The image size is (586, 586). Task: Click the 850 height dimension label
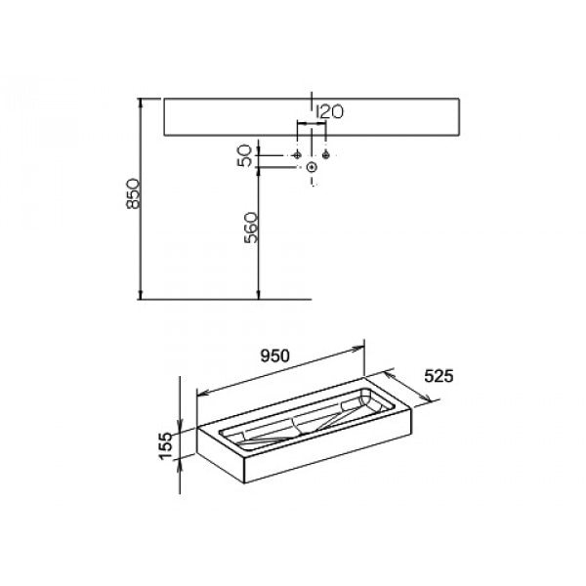coord(133,194)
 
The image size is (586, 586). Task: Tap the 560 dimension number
coord(251,228)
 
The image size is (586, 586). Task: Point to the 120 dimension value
coord(329,111)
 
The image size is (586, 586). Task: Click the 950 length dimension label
coord(275,356)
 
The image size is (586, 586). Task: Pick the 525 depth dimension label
coord(439,376)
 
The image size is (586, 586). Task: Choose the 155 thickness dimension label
coord(166,446)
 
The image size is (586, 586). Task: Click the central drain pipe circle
coord(313,167)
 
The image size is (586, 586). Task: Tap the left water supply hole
coord(297,154)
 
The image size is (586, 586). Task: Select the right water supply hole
coord(326,154)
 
